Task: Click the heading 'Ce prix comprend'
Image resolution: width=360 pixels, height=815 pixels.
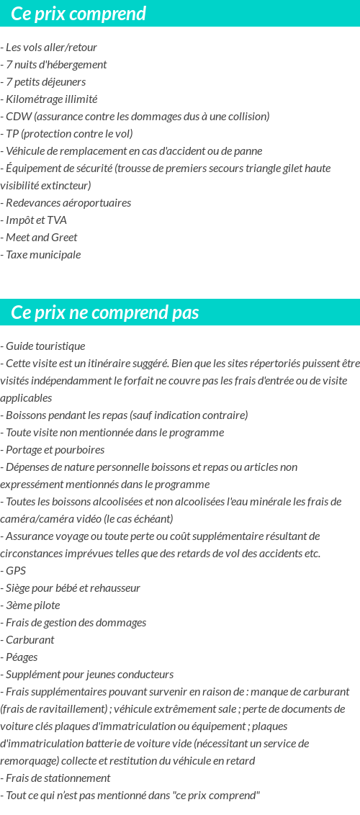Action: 78,14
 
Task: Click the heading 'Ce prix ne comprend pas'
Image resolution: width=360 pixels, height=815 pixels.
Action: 105,312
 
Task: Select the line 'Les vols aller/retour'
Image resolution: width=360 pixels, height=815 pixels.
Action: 51,48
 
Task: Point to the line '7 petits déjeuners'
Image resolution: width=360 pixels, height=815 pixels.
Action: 45,82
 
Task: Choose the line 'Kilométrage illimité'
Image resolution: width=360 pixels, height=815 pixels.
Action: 51,99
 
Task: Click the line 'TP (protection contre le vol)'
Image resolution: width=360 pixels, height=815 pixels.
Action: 69,134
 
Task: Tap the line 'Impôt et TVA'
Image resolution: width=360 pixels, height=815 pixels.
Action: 36,220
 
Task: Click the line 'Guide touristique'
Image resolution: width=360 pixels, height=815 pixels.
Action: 45,346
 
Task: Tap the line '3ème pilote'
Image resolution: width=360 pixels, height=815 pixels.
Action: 32,605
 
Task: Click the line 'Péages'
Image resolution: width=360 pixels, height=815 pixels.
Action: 22,657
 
